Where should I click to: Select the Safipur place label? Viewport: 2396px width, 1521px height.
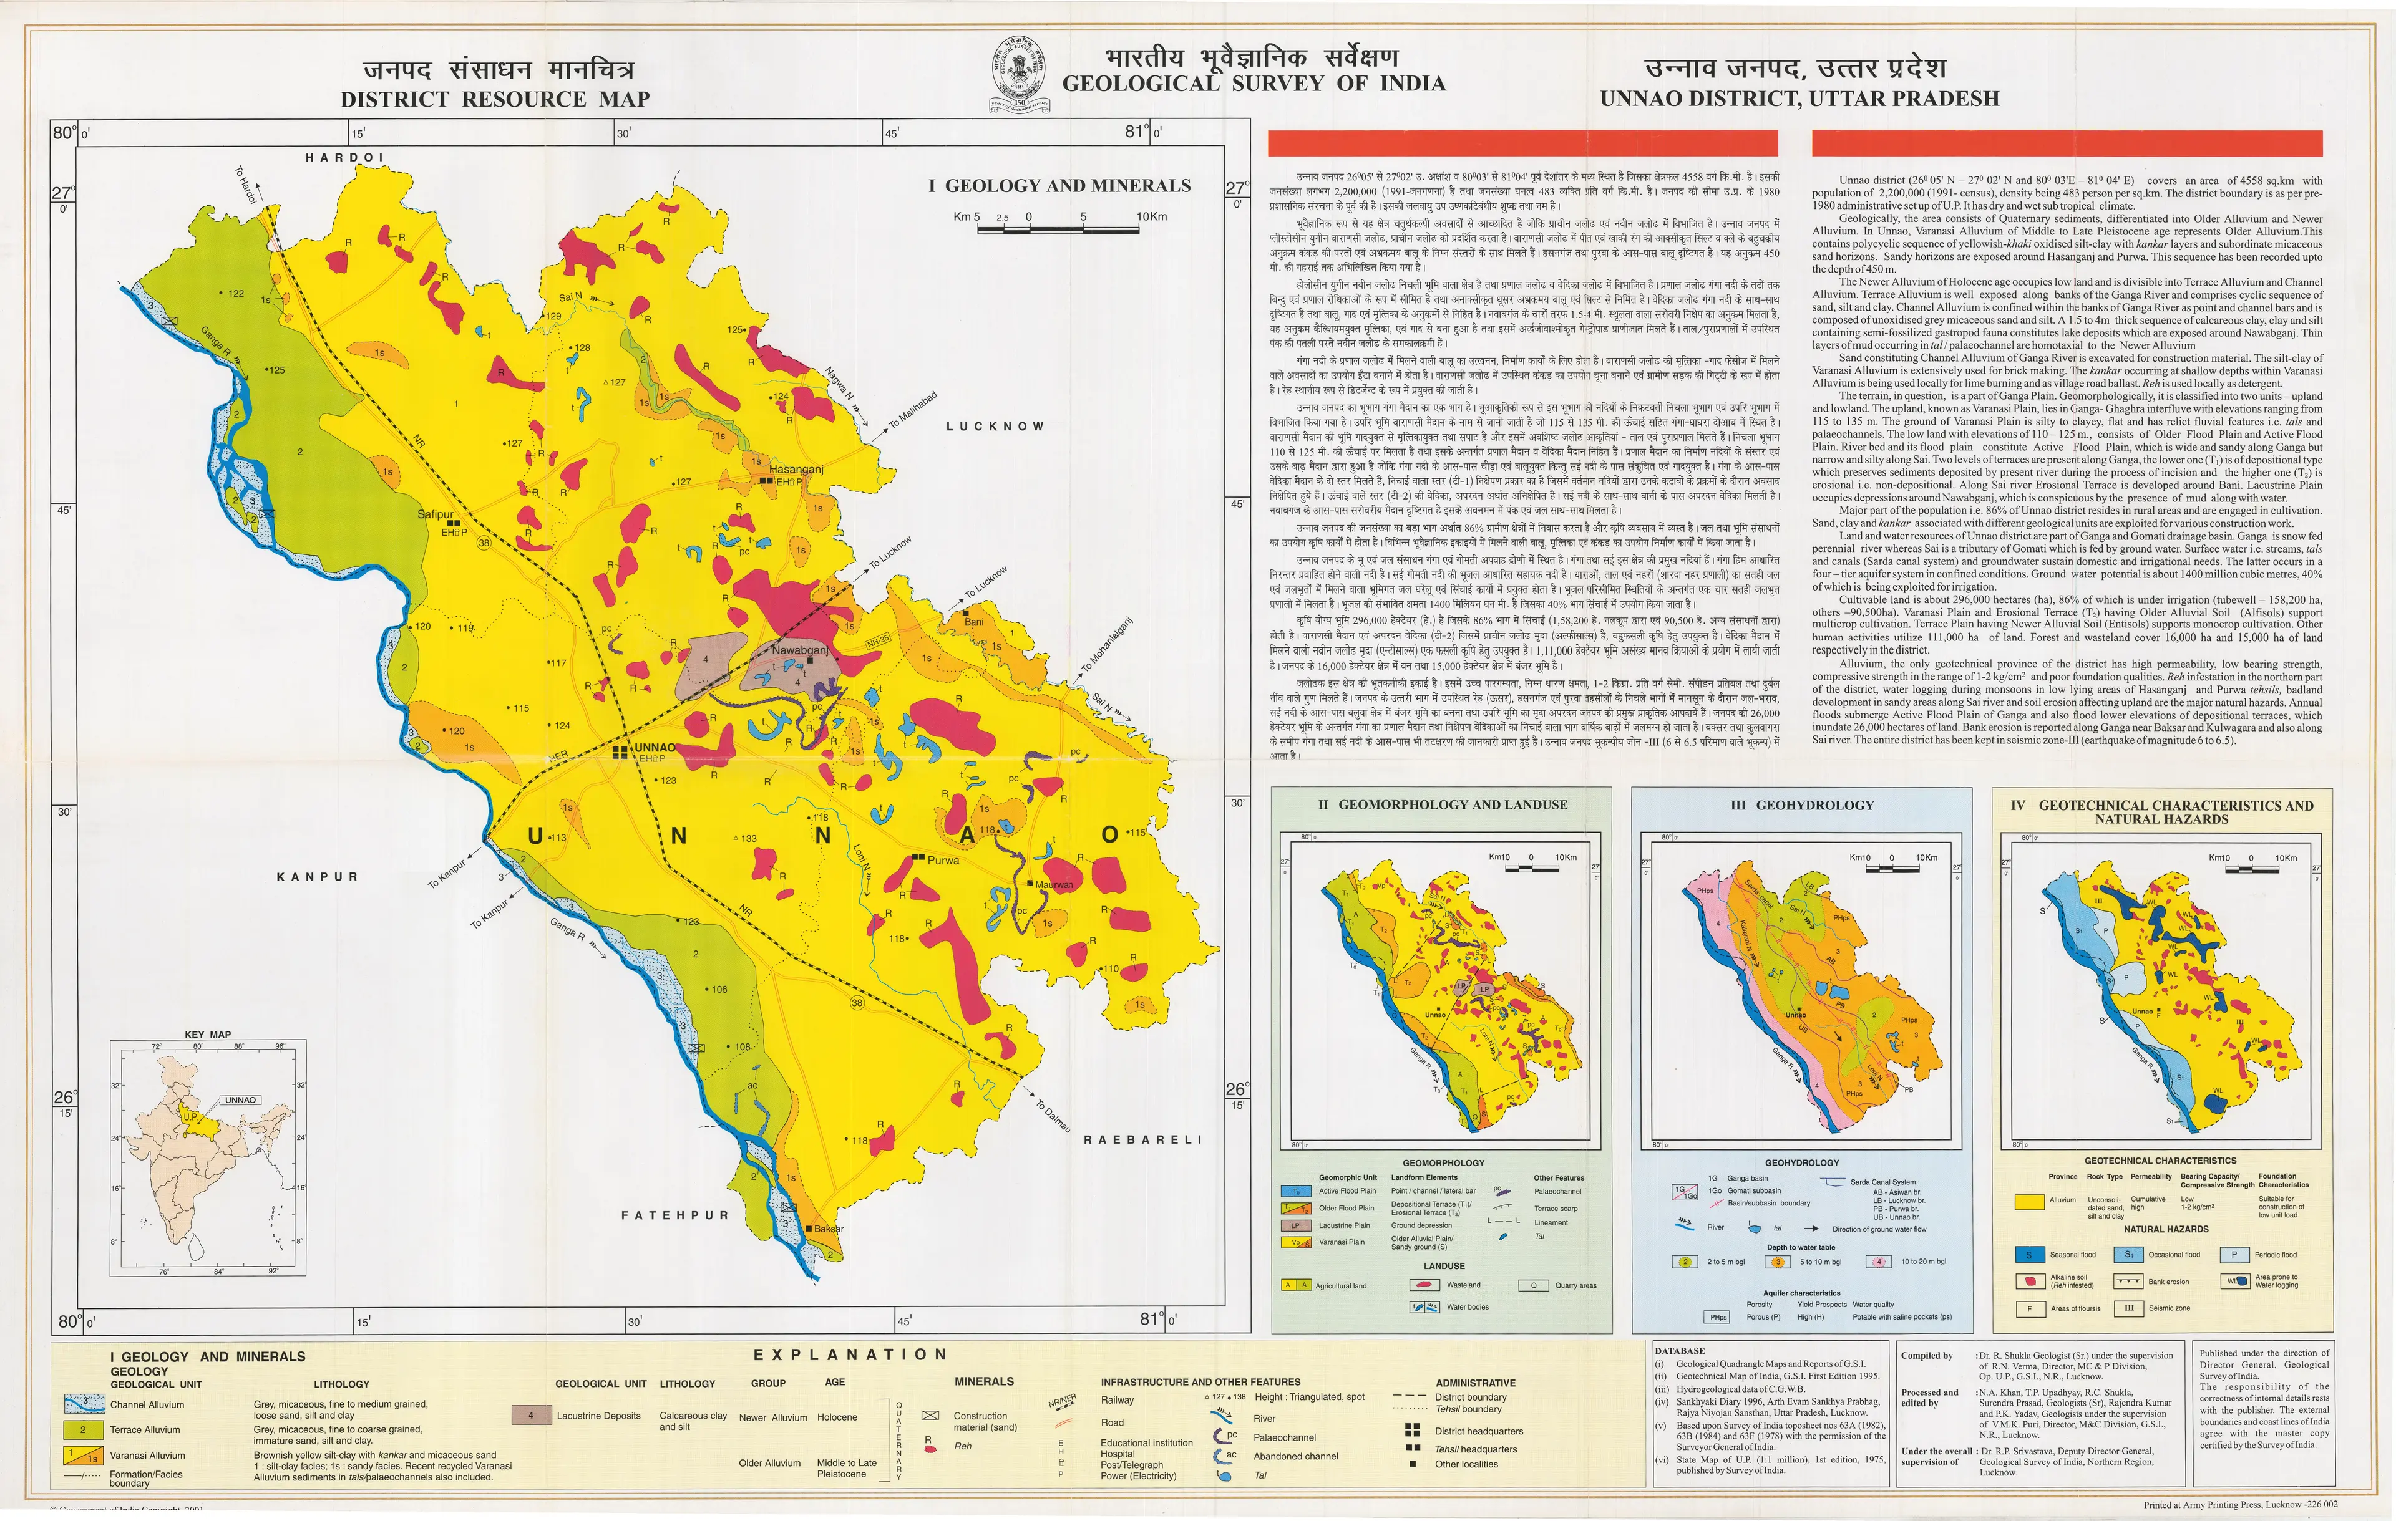(x=435, y=514)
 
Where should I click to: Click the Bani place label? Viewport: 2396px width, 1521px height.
(x=973, y=622)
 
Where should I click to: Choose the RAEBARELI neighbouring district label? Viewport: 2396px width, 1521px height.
(x=1142, y=1139)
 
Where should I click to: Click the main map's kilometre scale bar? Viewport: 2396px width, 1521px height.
(x=1057, y=228)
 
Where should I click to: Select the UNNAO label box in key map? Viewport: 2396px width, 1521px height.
(x=240, y=1100)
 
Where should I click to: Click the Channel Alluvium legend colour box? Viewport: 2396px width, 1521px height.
(x=84, y=1404)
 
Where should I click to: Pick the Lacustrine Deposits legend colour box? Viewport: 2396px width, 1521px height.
(x=532, y=1414)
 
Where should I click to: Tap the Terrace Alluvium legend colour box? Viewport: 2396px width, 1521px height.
(x=84, y=1429)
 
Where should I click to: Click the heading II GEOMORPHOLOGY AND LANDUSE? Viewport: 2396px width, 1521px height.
(x=1442, y=804)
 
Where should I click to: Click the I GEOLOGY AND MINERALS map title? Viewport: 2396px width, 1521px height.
(x=1059, y=185)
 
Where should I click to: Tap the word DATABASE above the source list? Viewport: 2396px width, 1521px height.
(x=1680, y=1351)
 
